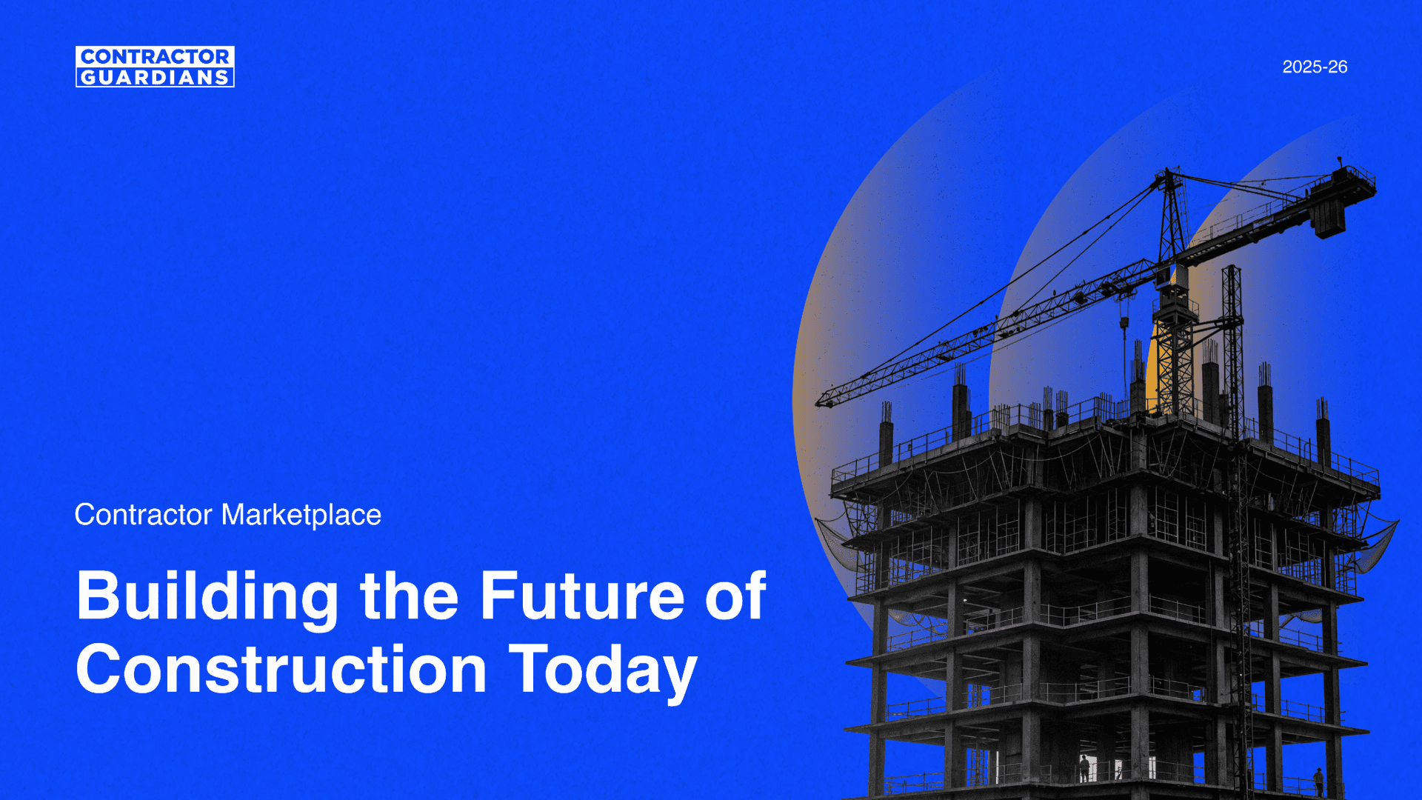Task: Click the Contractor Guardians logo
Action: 155,67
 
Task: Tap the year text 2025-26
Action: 1315,67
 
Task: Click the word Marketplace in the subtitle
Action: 301,515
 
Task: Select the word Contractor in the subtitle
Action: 144,515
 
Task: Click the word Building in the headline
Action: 208,597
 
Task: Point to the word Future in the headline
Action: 582,596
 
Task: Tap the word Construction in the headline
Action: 281,669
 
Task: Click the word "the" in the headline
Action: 410,596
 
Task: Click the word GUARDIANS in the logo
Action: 155,78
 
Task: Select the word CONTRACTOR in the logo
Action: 155,56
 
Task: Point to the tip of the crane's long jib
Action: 817,404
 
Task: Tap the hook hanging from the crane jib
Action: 1124,323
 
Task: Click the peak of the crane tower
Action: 1168,170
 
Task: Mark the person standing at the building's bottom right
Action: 1318,782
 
